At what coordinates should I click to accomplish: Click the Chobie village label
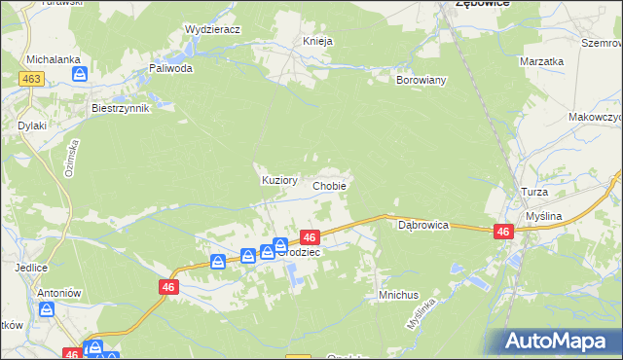click(x=329, y=185)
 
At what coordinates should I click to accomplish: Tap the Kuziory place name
click(x=259, y=180)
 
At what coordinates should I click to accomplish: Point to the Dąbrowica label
click(x=423, y=225)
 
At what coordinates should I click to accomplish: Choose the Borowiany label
click(x=421, y=80)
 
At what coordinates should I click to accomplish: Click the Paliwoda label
click(x=170, y=69)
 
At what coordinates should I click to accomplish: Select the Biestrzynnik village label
click(x=120, y=108)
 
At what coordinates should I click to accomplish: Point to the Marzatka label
click(x=542, y=61)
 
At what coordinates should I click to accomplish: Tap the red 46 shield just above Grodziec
click(x=310, y=236)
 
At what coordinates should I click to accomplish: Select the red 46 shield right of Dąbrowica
click(x=503, y=231)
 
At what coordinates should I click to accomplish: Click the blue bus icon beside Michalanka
click(x=81, y=73)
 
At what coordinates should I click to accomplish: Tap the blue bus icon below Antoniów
click(x=46, y=309)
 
